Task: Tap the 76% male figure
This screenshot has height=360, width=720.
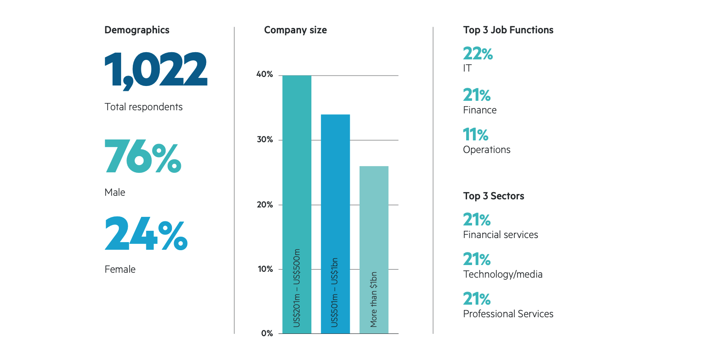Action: click(x=143, y=156)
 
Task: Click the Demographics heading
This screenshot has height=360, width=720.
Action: click(x=137, y=30)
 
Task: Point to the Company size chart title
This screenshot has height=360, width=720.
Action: click(x=295, y=30)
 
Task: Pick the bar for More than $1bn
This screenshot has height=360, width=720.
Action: click(x=373, y=250)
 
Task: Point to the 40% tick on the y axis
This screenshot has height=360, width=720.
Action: click(x=265, y=75)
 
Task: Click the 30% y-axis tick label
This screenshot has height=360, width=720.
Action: click(x=265, y=139)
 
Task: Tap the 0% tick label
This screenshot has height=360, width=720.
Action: click(x=267, y=333)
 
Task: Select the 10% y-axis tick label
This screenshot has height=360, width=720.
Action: click(x=265, y=269)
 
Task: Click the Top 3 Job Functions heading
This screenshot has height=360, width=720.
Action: click(x=508, y=30)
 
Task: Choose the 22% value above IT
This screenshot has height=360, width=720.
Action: click(x=477, y=54)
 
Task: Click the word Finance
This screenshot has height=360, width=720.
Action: click(x=480, y=110)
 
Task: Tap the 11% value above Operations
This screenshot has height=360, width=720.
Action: click(x=476, y=135)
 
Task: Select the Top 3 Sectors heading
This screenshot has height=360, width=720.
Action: click(x=494, y=196)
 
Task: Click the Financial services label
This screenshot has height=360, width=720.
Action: click(x=500, y=235)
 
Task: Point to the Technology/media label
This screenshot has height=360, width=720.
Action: click(x=503, y=274)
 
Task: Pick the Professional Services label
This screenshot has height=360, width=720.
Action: click(x=508, y=314)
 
